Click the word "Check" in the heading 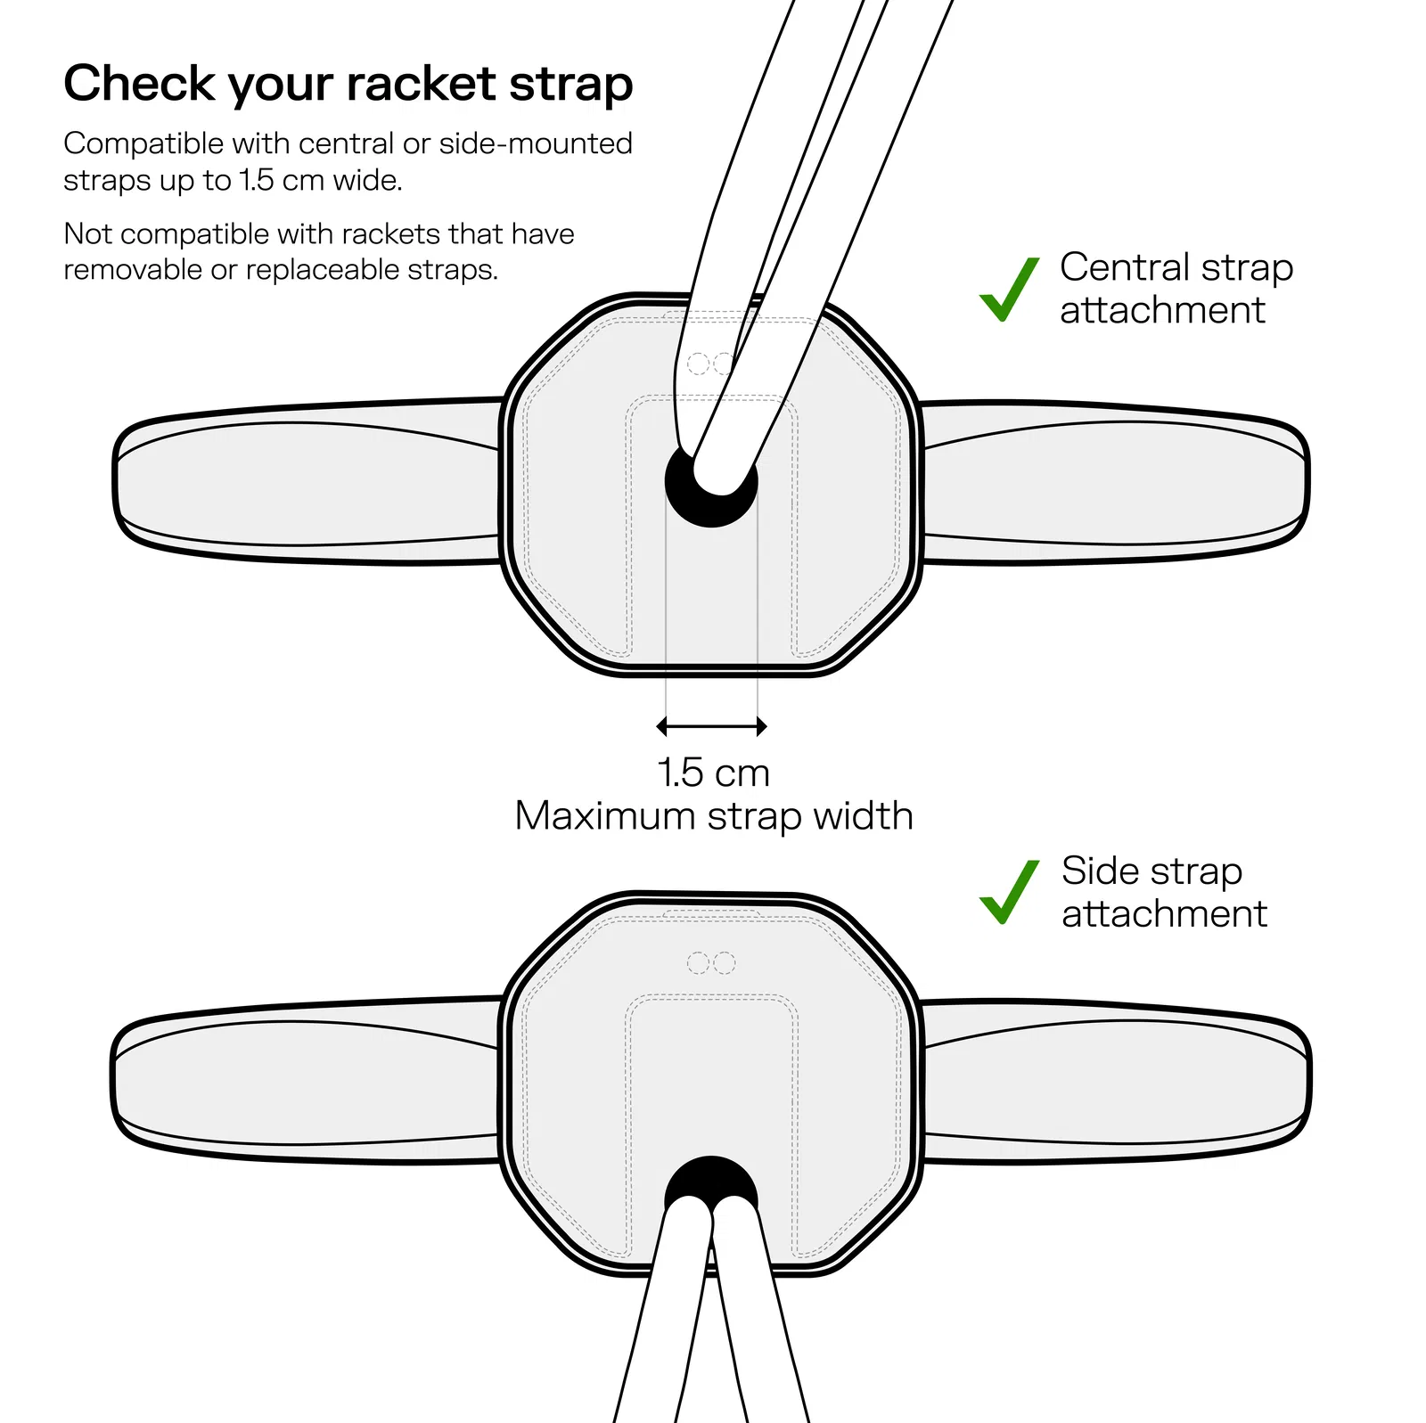(139, 84)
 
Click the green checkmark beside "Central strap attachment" (1009, 289)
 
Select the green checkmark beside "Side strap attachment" (1009, 892)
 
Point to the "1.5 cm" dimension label (713, 773)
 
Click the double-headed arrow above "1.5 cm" (711, 727)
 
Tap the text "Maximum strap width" (714, 816)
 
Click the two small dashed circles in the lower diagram (711, 963)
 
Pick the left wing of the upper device (307, 482)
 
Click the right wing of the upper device (1114, 482)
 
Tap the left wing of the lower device (307, 1080)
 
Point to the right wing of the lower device (1114, 1080)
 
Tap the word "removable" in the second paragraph (133, 269)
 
